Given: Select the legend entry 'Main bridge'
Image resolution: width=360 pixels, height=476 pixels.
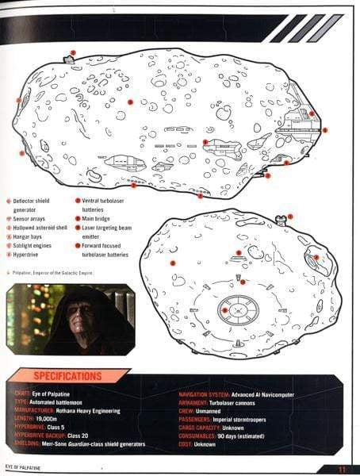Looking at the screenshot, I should coord(94,217).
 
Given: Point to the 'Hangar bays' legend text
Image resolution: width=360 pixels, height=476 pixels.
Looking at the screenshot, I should coord(27,226).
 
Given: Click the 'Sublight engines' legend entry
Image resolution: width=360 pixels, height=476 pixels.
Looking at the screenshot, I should coord(32,236).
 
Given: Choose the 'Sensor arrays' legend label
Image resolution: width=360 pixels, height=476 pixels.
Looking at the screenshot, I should coord(29,209).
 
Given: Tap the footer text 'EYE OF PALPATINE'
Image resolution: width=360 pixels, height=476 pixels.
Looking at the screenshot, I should coord(25,469).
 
